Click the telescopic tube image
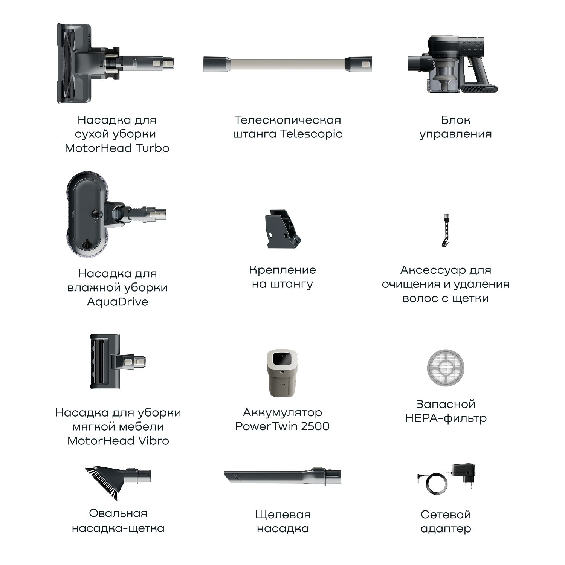click(287, 64)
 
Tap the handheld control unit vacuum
click(452, 64)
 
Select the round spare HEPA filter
click(446, 367)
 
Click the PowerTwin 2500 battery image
click(282, 373)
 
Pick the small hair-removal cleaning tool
click(446, 230)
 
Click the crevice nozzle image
click(282, 476)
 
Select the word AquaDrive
click(118, 302)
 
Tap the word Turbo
click(152, 148)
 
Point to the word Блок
click(455, 120)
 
